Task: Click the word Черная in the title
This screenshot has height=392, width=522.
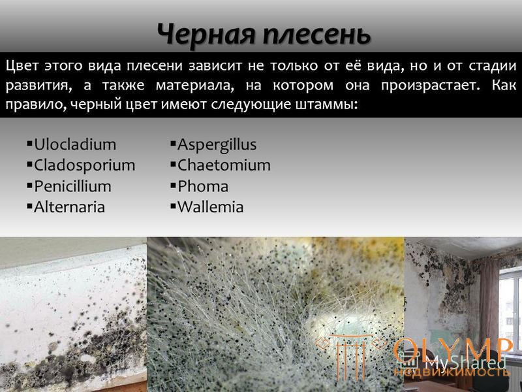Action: click(x=206, y=35)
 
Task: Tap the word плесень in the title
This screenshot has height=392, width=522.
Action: click(x=316, y=35)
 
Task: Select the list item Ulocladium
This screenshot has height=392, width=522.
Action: click(x=75, y=144)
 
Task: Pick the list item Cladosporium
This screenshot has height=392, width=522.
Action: click(x=85, y=165)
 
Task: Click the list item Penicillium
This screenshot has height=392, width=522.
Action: click(x=72, y=186)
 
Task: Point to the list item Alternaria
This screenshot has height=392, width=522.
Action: click(x=69, y=206)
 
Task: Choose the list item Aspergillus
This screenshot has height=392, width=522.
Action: click(x=217, y=145)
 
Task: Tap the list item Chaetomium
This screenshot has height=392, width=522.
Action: click(x=224, y=165)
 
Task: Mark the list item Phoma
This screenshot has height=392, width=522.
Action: click(x=203, y=186)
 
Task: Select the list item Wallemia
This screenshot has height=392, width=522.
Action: click(x=210, y=206)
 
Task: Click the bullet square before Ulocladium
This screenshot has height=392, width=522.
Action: click(x=29, y=144)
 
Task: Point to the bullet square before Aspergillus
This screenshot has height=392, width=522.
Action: click(x=173, y=144)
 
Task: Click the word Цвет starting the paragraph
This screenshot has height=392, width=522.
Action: click(x=22, y=66)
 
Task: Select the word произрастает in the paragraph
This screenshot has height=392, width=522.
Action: click(x=431, y=86)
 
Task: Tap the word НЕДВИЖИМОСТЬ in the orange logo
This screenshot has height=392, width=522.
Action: click(x=452, y=372)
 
